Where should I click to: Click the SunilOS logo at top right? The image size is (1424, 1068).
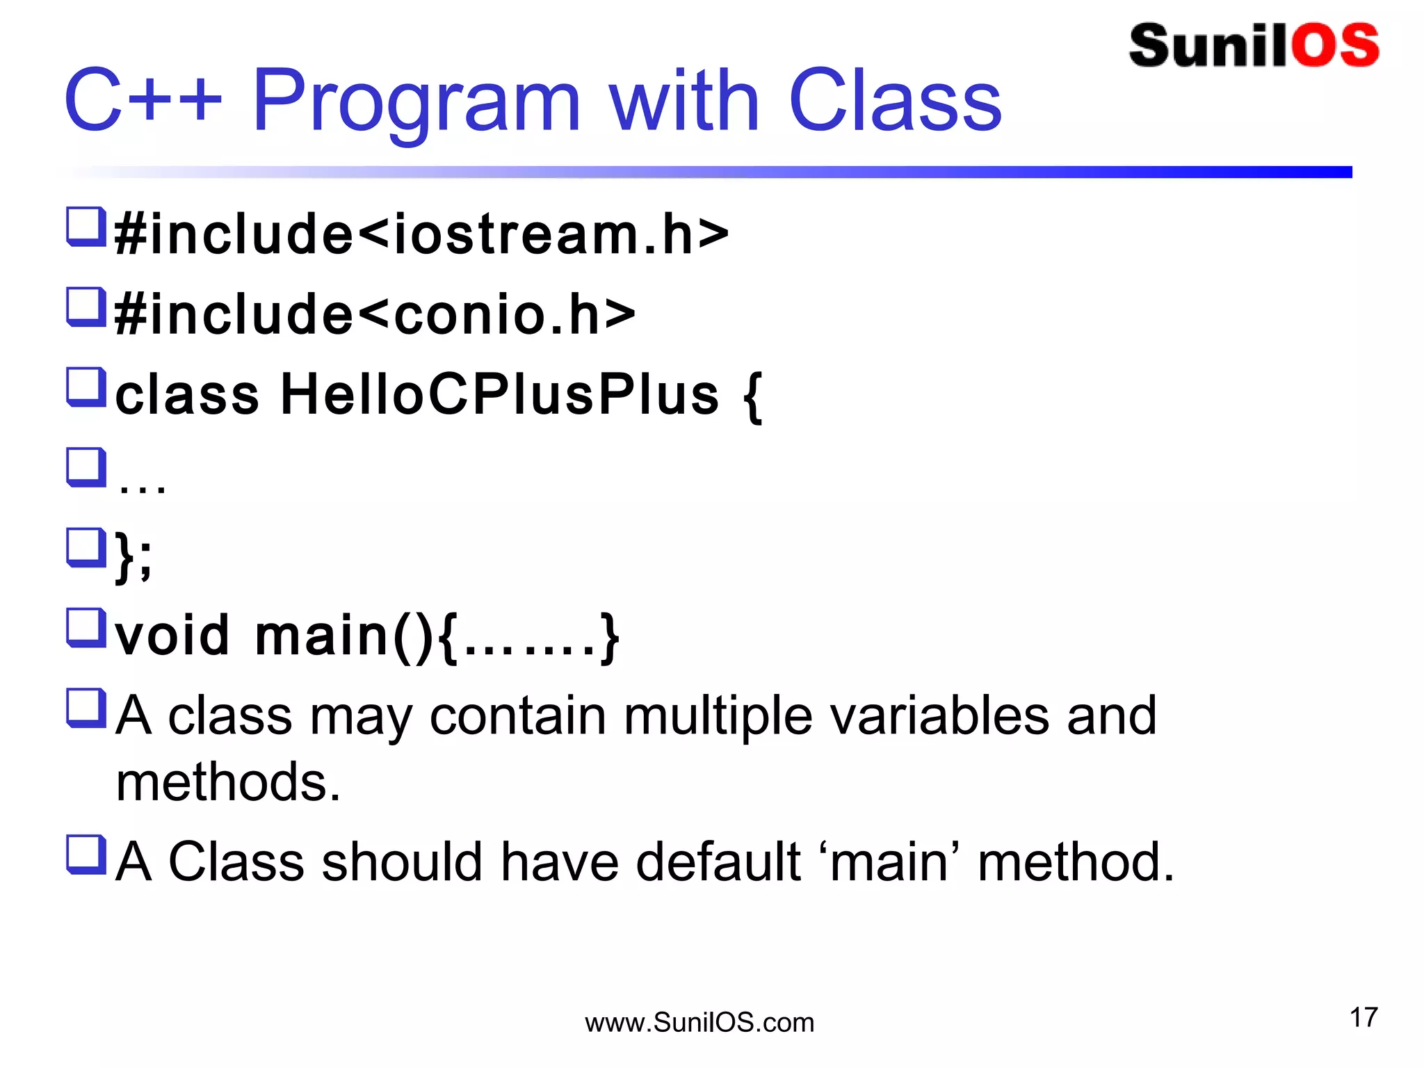click(x=1254, y=46)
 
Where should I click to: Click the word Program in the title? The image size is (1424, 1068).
click(x=415, y=102)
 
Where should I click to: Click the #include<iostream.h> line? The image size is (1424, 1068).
click(x=421, y=234)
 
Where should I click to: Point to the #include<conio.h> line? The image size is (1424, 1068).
click(x=375, y=314)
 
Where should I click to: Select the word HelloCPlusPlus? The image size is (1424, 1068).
click(x=499, y=395)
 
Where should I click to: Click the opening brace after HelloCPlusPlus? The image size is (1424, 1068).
click(x=752, y=396)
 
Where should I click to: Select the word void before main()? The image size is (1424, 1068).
click(x=172, y=636)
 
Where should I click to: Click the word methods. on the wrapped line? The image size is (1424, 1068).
click(x=228, y=782)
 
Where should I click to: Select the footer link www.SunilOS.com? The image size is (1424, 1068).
click(x=699, y=1023)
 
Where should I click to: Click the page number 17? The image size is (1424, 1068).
click(x=1363, y=1017)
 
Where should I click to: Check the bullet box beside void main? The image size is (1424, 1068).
click(x=86, y=627)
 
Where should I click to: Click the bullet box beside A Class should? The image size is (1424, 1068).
click(x=86, y=854)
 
